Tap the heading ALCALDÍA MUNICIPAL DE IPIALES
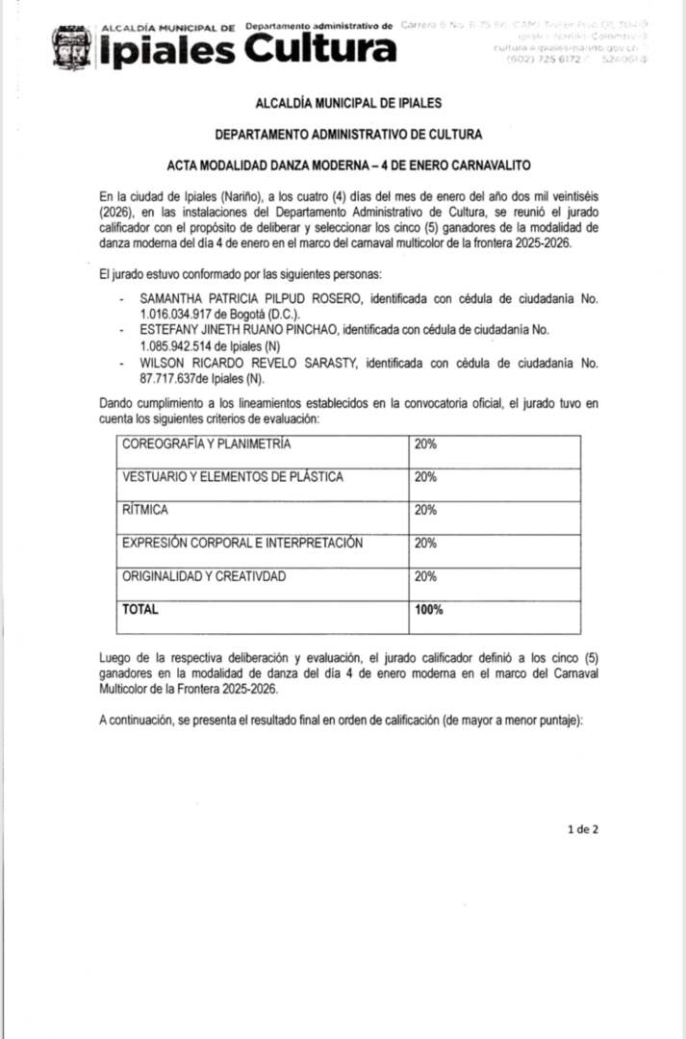[348, 102]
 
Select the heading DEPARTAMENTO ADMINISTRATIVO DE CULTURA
[348, 134]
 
